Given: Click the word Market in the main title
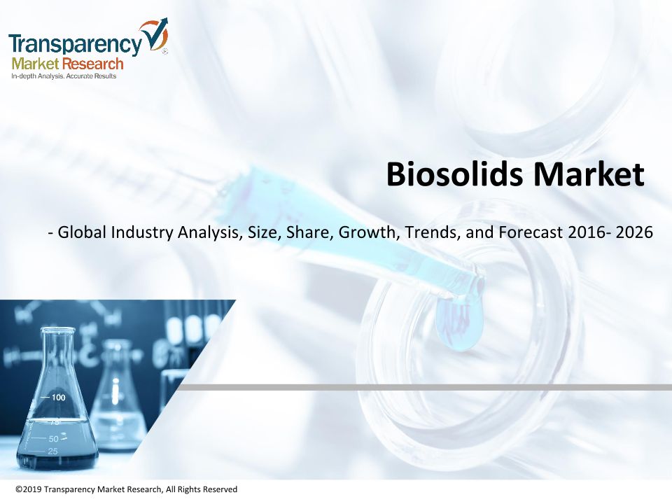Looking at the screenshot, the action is tap(589, 174).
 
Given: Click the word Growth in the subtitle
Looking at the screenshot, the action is tap(369, 232).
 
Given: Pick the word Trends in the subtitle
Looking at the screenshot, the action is tap(433, 232).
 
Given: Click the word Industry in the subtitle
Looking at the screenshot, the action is tap(142, 232).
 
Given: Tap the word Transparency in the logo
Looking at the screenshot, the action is tap(75, 44).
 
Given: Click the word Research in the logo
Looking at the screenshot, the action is tap(93, 64).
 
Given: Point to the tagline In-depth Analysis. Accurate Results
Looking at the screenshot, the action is tap(64, 76).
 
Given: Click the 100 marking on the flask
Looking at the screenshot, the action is tap(58, 398).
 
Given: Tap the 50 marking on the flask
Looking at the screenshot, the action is tap(54, 439).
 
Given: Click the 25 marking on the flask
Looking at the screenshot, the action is tap(52, 451).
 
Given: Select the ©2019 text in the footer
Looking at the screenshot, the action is tap(29, 489).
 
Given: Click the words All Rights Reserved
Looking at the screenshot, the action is tap(202, 489).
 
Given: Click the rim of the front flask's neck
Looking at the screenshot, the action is tap(57, 330).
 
